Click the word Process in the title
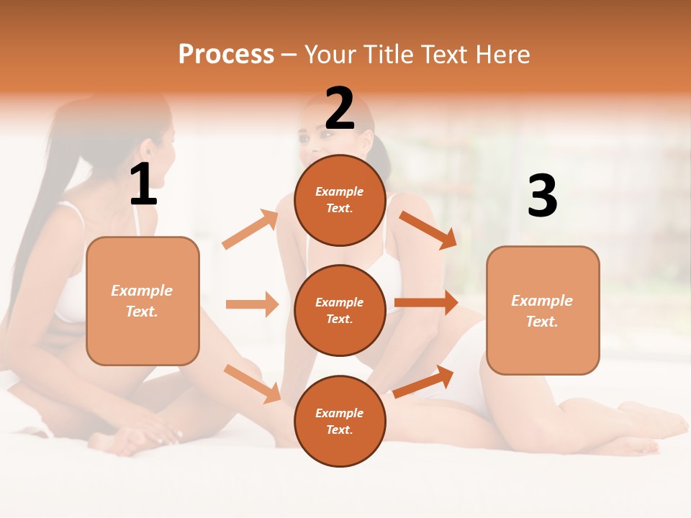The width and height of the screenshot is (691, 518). [x=226, y=55]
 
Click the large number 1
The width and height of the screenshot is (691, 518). [x=143, y=185]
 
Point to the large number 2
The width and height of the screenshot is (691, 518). [x=340, y=109]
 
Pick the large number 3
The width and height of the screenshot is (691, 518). [x=542, y=196]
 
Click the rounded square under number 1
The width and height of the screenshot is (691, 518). [x=143, y=301]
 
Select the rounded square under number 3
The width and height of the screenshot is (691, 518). [x=543, y=310]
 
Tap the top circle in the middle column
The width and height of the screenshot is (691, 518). [x=340, y=200]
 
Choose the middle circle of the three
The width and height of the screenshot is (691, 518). [x=340, y=310]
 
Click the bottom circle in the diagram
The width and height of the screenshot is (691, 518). [x=340, y=421]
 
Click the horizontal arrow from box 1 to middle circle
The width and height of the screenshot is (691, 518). [x=252, y=304]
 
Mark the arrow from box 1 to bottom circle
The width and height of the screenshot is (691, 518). [x=253, y=383]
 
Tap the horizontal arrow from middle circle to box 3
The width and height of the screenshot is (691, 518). [x=426, y=303]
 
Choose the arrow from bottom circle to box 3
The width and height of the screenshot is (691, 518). [x=423, y=381]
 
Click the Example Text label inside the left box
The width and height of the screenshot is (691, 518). [x=142, y=301]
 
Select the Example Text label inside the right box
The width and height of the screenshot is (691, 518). [x=542, y=311]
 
